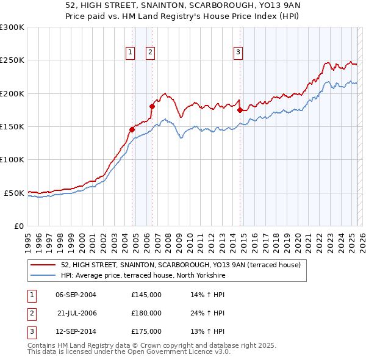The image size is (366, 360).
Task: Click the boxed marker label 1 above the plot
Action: (x=131, y=53)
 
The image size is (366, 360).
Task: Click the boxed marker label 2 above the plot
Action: (x=150, y=53)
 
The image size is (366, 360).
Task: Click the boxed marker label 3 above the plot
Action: (x=238, y=53)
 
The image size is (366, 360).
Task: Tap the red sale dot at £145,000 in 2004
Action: (x=132, y=129)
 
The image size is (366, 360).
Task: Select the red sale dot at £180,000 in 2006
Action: (x=152, y=106)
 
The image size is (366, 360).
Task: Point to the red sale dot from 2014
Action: (x=240, y=110)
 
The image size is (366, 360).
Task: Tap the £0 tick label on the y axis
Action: (x=18, y=226)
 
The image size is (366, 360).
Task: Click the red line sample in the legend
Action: (x=43, y=265)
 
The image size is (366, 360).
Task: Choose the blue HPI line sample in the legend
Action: (x=43, y=276)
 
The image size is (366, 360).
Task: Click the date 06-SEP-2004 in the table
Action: (x=76, y=295)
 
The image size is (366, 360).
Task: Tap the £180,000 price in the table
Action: (x=146, y=313)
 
